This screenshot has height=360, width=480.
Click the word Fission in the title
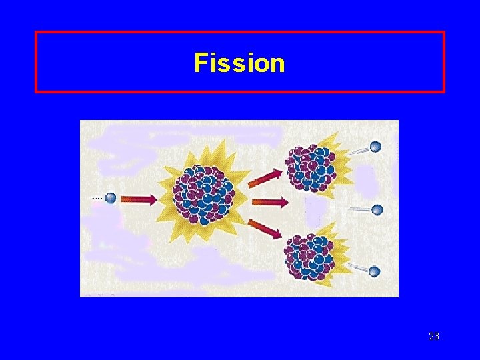(239, 63)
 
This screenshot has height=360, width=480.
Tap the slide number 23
(433, 336)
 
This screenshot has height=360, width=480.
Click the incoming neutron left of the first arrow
(110, 198)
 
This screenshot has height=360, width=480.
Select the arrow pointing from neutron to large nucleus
(138, 199)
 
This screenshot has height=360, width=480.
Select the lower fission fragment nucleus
(308, 255)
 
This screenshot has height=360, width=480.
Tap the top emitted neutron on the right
(376, 147)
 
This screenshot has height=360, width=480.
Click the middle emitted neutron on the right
(377, 210)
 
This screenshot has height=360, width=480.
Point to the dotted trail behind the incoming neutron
(97, 198)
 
